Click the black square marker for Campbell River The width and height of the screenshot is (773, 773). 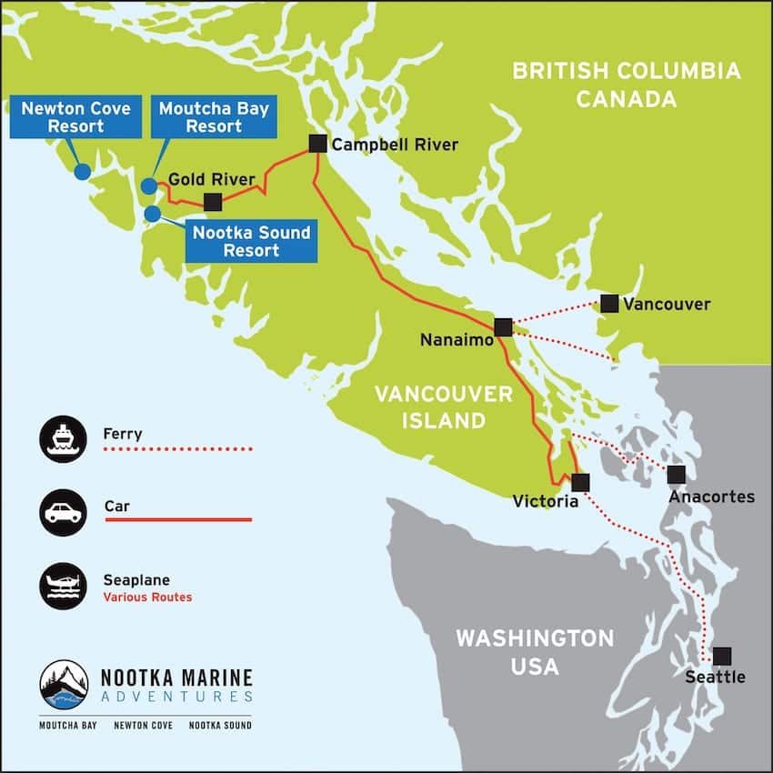click(316, 143)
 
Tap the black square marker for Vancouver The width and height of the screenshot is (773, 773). click(609, 304)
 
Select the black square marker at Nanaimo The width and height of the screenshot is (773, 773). click(503, 327)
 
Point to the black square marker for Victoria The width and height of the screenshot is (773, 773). click(580, 482)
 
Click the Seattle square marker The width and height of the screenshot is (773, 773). click(721, 656)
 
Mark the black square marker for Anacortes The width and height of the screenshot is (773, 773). click(676, 474)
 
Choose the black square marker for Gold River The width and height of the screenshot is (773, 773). click(213, 202)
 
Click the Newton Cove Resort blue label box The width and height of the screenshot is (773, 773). click(76, 117)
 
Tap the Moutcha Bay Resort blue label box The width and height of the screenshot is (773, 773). click(214, 117)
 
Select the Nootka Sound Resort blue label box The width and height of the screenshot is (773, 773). click(251, 241)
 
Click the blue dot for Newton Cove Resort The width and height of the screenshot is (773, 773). click(82, 171)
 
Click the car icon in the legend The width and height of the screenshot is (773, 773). click(64, 513)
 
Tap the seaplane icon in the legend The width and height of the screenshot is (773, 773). click(64, 586)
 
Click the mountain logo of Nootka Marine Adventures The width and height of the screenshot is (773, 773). click(65, 685)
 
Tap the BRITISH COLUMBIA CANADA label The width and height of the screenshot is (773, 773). click(626, 84)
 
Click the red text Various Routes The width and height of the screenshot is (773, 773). click(147, 597)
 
